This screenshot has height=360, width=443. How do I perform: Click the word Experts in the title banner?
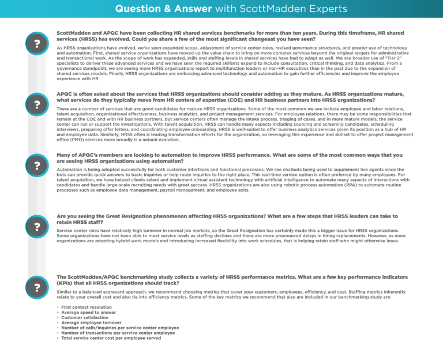(x=327, y=9)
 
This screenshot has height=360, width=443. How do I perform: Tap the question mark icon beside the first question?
(x=37, y=44)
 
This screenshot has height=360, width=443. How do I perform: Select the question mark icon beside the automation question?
(x=37, y=166)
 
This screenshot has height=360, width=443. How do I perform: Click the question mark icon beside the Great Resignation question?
(x=37, y=226)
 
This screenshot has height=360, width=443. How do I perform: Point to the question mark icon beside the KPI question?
(x=37, y=287)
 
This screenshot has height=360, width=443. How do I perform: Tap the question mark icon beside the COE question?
(x=37, y=104)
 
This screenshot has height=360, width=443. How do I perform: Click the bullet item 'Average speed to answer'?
(x=84, y=313)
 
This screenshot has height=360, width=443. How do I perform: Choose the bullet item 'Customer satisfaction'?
(x=82, y=318)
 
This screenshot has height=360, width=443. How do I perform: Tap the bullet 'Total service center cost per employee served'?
(x=111, y=338)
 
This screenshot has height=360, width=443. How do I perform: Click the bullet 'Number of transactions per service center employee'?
(x=118, y=333)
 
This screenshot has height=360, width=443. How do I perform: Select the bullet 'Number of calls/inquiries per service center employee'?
(x=119, y=328)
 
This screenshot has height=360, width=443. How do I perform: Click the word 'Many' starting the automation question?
(x=63, y=155)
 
